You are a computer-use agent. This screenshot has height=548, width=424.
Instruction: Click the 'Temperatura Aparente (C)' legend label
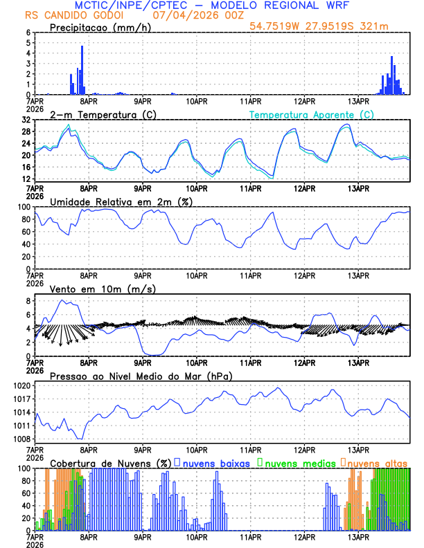(312, 114)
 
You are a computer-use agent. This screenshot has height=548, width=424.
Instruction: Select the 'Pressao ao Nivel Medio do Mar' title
(141, 376)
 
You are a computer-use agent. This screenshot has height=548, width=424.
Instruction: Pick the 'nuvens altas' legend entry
(378, 462)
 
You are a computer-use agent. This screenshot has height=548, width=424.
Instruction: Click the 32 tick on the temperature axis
(26, 120)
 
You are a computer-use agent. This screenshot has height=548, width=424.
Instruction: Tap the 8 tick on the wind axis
(28, 301)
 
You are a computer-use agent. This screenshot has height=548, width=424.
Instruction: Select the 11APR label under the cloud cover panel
(250, 536)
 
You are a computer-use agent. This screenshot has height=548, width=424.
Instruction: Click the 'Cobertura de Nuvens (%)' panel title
(111, 462)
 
